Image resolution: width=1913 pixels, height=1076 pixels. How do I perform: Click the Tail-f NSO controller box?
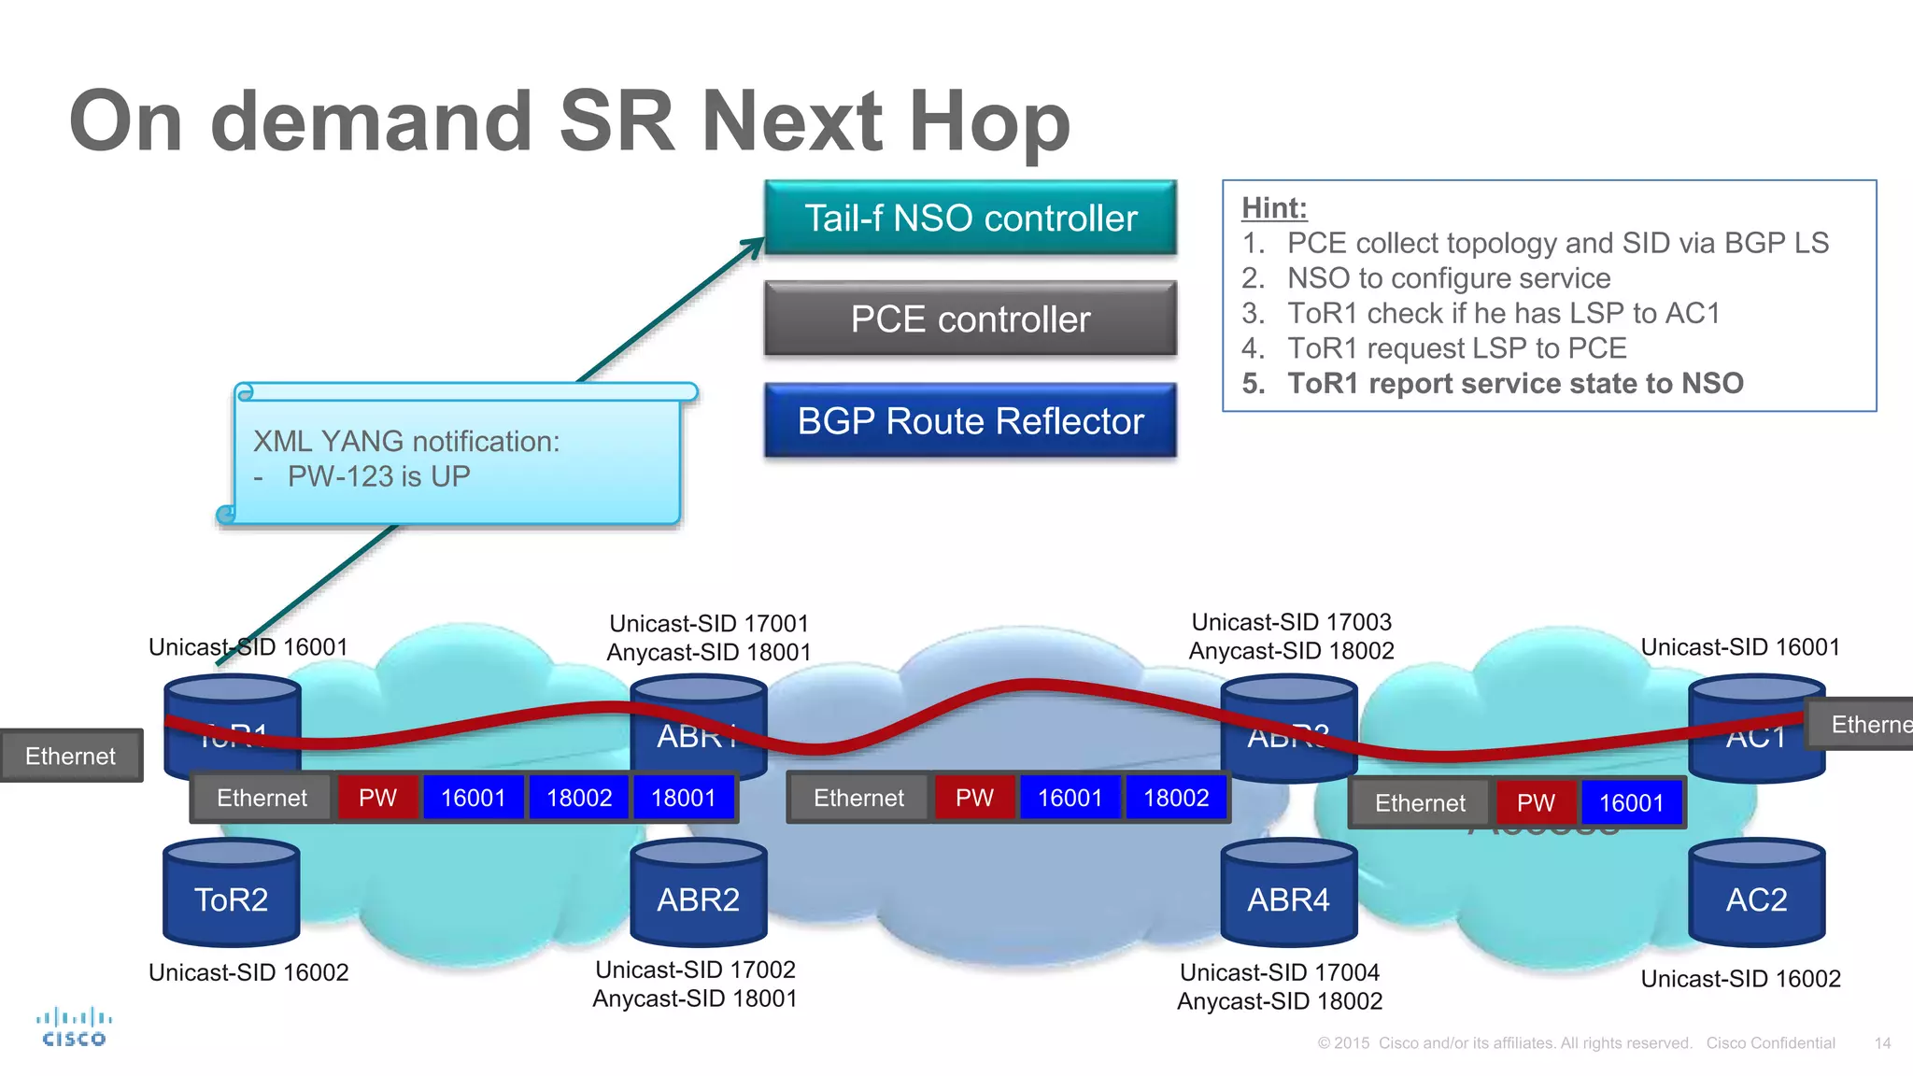tap(970, 218)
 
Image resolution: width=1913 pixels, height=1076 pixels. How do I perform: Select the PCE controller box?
tap(970, 319)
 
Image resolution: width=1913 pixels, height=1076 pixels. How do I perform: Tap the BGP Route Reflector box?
tap(970, 420)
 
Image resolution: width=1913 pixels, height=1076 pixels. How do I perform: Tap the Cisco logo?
tap(74, 1026)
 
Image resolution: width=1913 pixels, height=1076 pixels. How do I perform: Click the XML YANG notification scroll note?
tap(457, 458)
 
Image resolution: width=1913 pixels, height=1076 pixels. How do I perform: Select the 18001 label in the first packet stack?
tap(683, 798)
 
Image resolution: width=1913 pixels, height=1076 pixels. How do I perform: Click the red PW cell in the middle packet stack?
tap(974, 798)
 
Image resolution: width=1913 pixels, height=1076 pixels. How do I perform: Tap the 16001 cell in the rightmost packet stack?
tap(1631, 803)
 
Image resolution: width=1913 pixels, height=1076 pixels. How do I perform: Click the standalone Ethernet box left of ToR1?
tap(71, 756)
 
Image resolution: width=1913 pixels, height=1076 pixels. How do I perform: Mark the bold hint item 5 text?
tap(1515, 383)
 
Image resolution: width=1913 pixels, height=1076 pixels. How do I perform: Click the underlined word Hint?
tap(1274, 207)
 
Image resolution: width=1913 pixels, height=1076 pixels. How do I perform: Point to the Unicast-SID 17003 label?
tap(1291, 622)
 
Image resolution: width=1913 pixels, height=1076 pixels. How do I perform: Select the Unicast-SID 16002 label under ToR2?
tap(248, 972)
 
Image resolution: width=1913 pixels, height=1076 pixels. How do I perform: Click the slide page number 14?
tap(1882, 1043)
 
